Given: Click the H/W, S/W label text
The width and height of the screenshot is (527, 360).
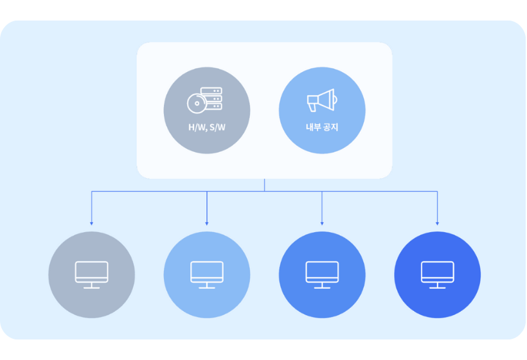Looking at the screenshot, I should click(x=206, y=127).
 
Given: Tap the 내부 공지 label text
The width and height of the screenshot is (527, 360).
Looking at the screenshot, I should click(x=321, y=127).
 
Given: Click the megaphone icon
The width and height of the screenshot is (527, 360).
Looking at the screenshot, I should click(x=321, y=100).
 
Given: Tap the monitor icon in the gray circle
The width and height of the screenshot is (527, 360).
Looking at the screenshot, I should click(x=92, y=272).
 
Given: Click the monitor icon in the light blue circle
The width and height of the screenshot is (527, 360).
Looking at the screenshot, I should click(x=207, y=272).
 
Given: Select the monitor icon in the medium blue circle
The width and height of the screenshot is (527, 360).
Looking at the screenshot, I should click(x=322, y=272).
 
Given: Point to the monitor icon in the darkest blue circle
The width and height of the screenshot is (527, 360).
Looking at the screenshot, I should click(x=437, y=272).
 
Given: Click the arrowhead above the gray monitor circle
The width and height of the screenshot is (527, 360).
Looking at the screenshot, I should click(x=92, y=223).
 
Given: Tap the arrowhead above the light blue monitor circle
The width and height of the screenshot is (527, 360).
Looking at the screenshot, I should click(x=207, y=223).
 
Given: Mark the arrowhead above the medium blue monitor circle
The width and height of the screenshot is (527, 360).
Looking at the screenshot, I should click(x=322, y=223).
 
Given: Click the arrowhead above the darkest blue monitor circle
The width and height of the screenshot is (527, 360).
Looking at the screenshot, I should click(x=437, y=223).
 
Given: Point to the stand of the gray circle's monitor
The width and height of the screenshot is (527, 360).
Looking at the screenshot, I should click(x=92, y=285).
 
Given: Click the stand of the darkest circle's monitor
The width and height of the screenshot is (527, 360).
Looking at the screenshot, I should click(x=437, y=285).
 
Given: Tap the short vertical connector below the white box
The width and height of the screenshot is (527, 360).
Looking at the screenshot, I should click(x=264, y=184).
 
